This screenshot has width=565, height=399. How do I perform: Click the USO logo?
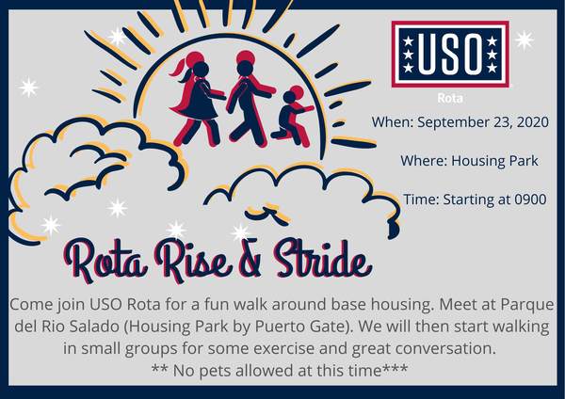(x=450, y=55)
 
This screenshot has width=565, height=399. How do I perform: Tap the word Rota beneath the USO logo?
(x=450, y=98)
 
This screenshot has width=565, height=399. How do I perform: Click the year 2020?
(x=533, y=122)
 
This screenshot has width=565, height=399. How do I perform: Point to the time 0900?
(x=530, y=199)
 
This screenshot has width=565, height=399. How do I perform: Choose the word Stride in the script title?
(x=321, y=260)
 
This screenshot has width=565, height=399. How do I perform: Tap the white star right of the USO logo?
(x=525, y=40)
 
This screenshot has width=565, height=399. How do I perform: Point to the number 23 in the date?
(x=503, y=122)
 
